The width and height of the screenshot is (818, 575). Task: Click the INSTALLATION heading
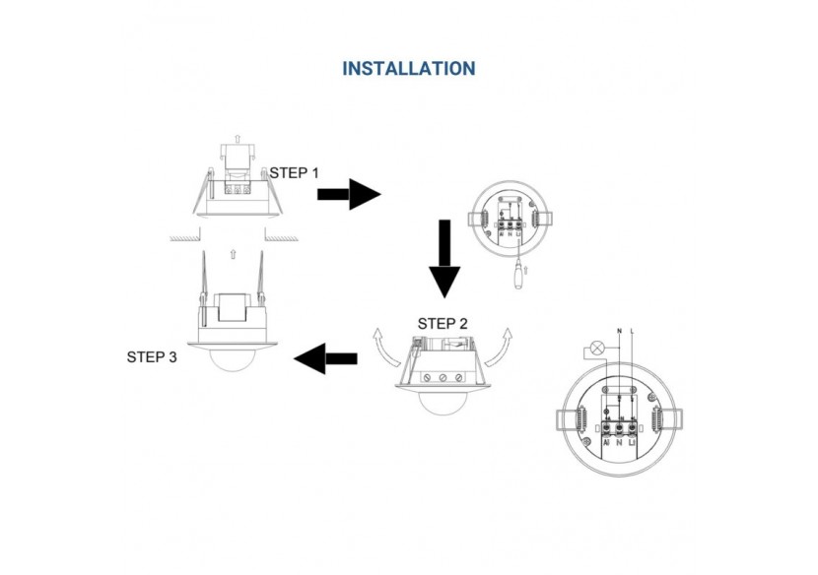[x=408, y=69]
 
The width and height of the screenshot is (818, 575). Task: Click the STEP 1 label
[x=295, y=172]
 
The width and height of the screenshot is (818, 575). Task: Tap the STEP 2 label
[x=443, y=324]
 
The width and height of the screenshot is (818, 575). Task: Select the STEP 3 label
[x=152, y=357]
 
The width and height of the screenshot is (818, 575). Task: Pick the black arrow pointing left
[x=326, y=357]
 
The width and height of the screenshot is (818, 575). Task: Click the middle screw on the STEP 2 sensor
[x=443, y=377]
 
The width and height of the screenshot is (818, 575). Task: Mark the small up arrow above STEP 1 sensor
[x=235, y=138]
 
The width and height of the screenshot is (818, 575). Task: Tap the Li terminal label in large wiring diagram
[x=630, y=444]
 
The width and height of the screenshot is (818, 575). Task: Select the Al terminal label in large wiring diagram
[x=605, y=444]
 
